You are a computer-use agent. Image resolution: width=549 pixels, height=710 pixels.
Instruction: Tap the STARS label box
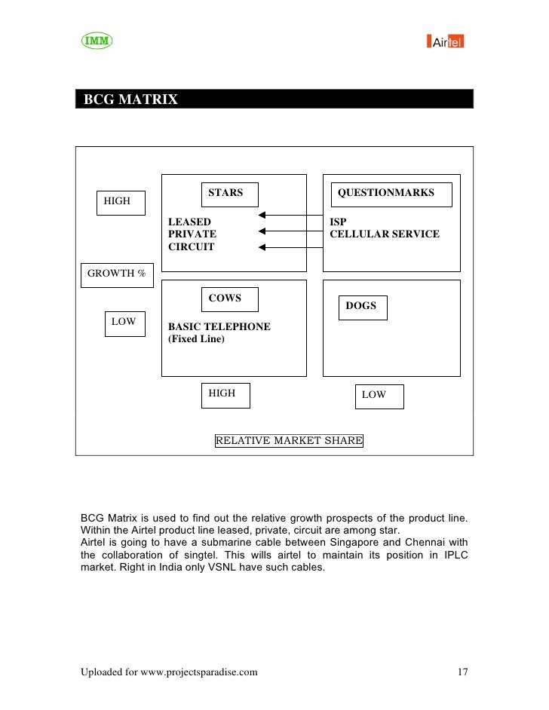click(229, 194)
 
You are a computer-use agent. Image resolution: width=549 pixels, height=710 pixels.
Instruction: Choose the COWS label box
click(229, 299)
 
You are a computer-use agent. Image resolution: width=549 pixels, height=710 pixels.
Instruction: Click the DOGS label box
click(362, 307)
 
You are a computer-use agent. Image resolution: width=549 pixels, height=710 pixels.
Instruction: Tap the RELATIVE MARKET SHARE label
click(289, 440)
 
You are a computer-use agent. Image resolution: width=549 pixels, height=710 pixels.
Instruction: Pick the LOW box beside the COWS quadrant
click(124, 323)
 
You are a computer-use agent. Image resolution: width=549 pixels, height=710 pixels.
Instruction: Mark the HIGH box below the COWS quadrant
click(225, 394)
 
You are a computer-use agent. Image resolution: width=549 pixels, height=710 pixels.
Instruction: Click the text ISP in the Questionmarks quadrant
click(338, 222)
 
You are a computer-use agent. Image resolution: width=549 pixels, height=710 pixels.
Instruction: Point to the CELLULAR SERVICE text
click(385, 234)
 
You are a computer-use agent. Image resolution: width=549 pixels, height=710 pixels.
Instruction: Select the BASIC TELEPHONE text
click(219, 327)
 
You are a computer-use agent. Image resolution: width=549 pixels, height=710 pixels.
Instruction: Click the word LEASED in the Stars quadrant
click(189, 222)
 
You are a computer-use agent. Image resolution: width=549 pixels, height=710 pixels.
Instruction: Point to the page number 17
click(462, 672)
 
